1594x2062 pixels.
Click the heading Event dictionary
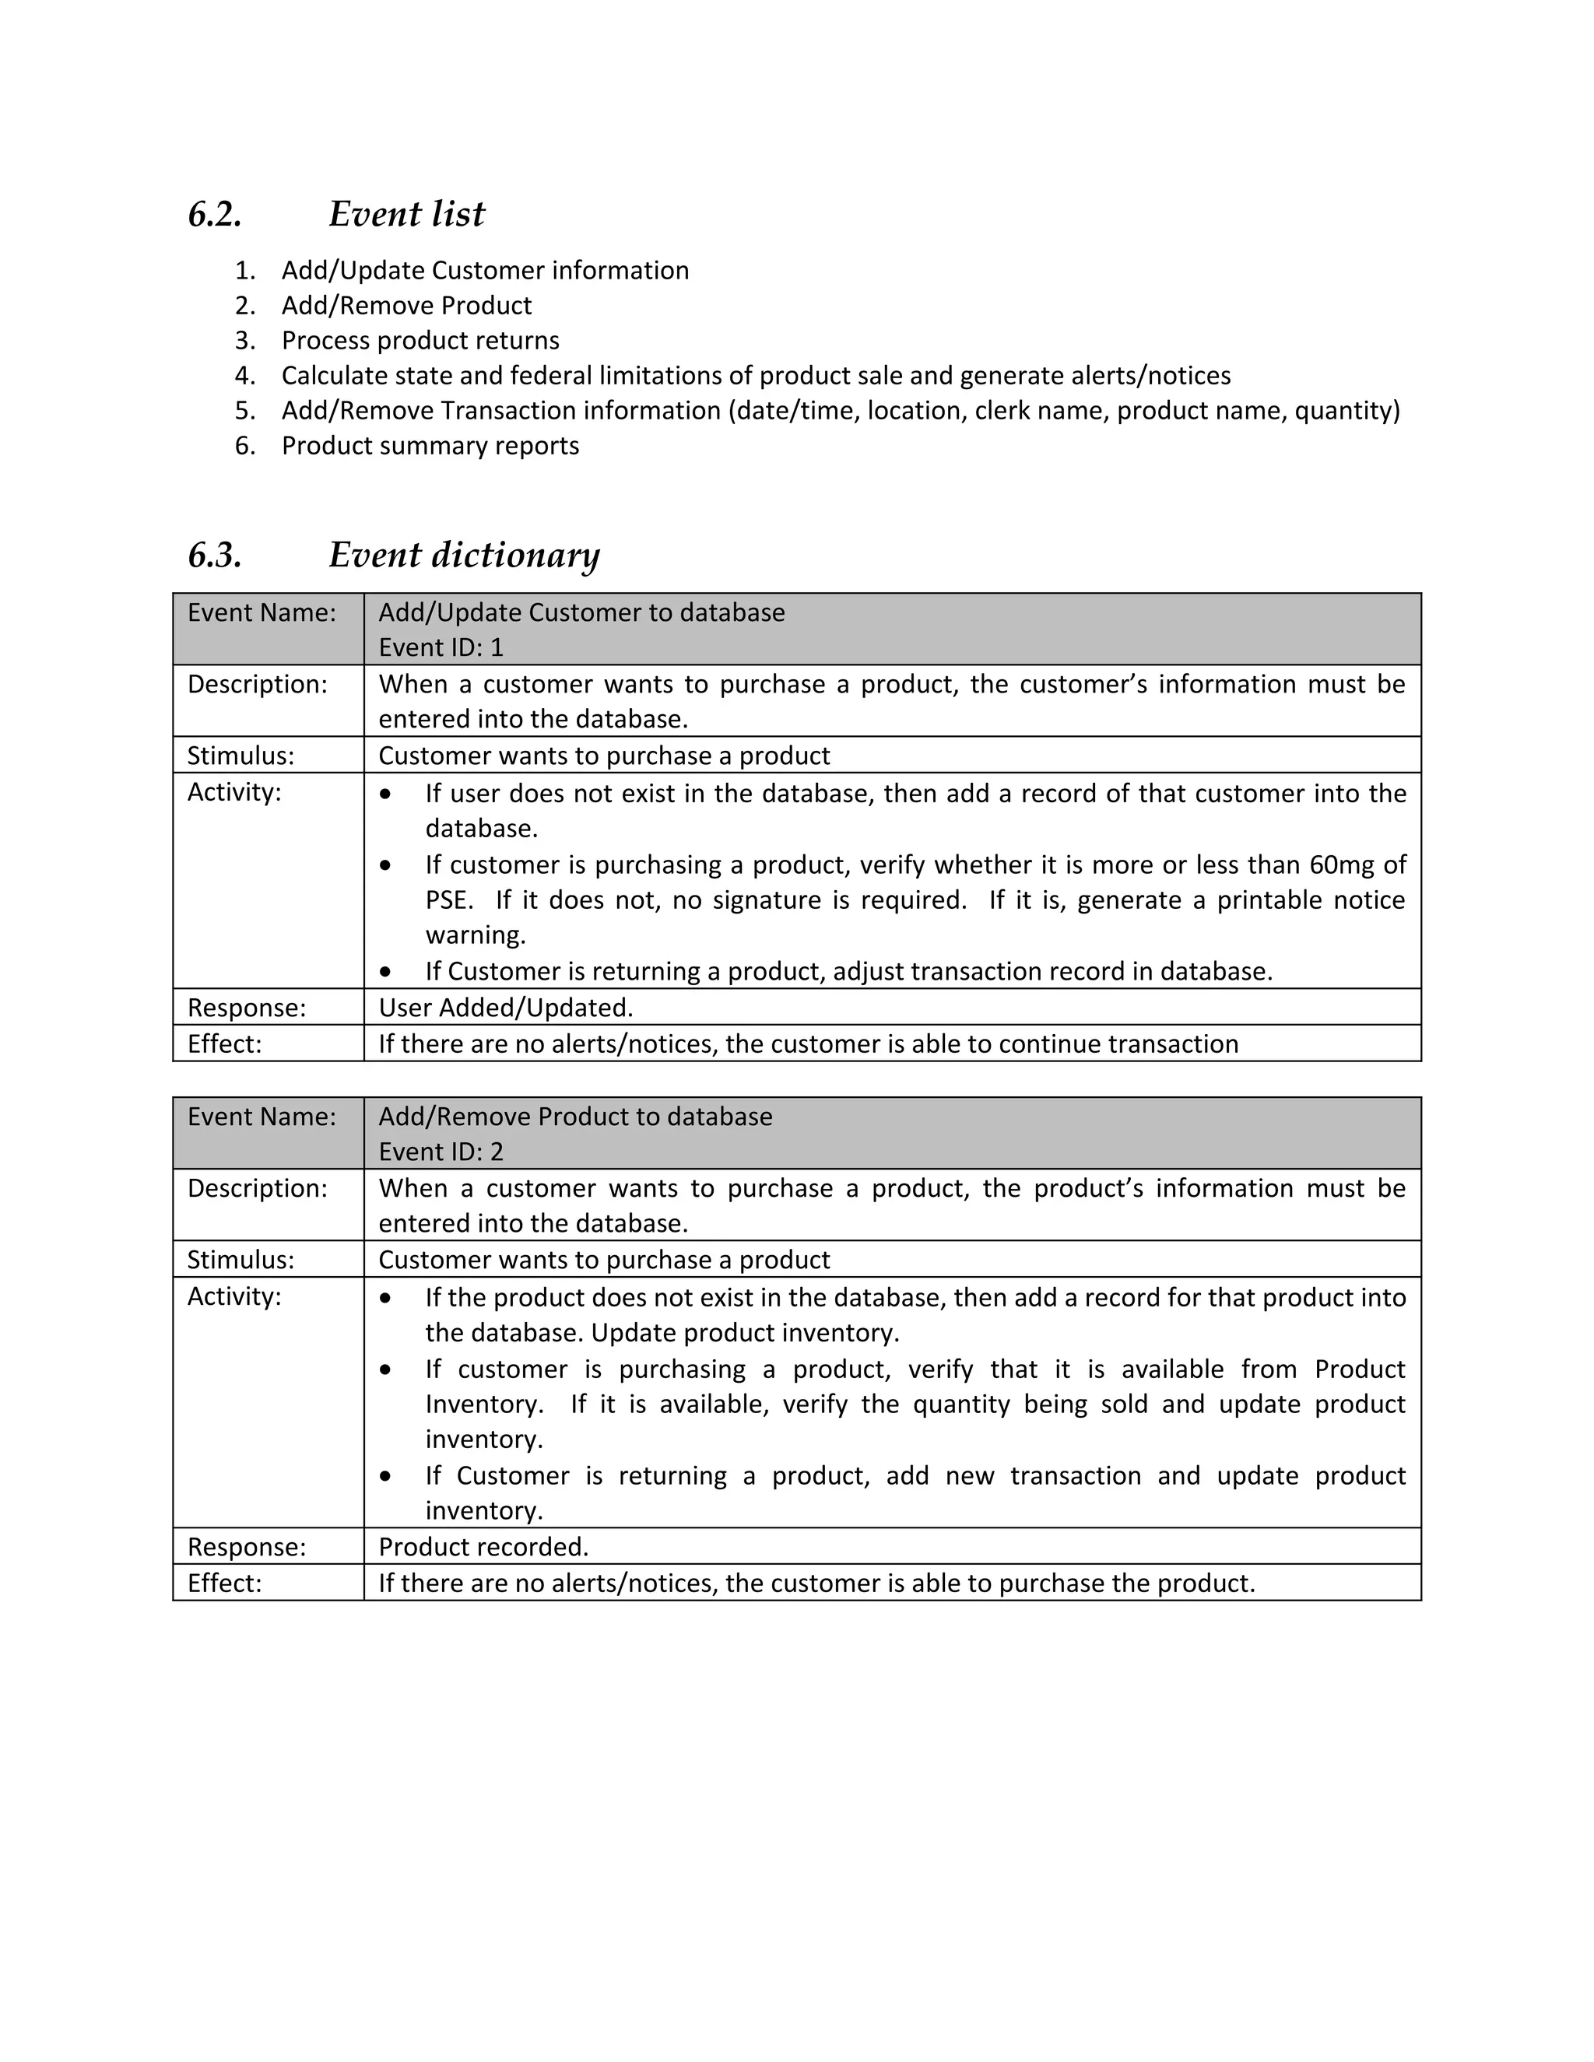point(464,555)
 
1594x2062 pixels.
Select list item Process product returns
point(420,340)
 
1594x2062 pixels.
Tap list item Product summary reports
point(430,446)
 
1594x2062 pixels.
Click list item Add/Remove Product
point(406,305)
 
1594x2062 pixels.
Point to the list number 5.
point(244,411)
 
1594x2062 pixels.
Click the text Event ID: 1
point(441,647)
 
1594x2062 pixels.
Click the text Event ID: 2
point(441,1152)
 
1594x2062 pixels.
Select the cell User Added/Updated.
point(505,1008)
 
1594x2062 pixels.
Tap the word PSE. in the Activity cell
point(448,899)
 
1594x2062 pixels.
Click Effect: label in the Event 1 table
point(224,1043)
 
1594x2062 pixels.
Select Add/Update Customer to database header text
point(581,612)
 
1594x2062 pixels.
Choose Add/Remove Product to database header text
point(575,1117)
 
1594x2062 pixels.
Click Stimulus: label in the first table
point(241,756)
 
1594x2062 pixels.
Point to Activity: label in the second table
point(234,1296)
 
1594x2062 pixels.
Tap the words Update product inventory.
point(745,1332)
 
